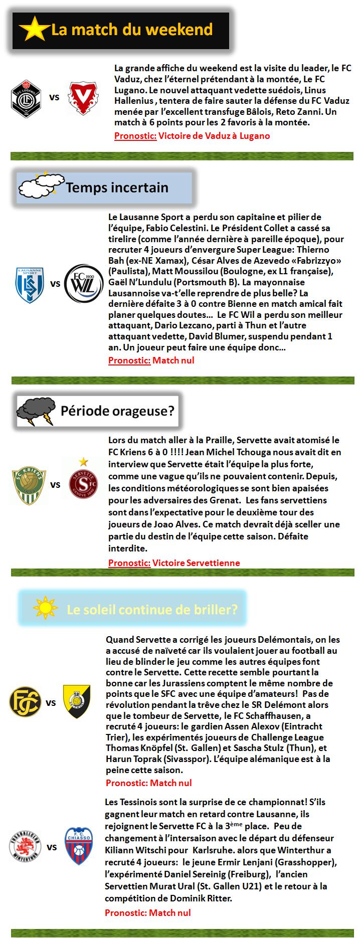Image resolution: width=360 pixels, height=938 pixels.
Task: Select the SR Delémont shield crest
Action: click(x=77, y=701)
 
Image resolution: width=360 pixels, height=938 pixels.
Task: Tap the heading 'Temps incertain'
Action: click(x=117, y=188)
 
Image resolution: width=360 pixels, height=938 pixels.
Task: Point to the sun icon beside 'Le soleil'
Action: click(x=46, y=608)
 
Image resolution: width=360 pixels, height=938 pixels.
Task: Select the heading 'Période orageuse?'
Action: click(x=117, y=412)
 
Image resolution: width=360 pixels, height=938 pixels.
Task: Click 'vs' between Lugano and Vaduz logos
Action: click(x=54, y=97)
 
